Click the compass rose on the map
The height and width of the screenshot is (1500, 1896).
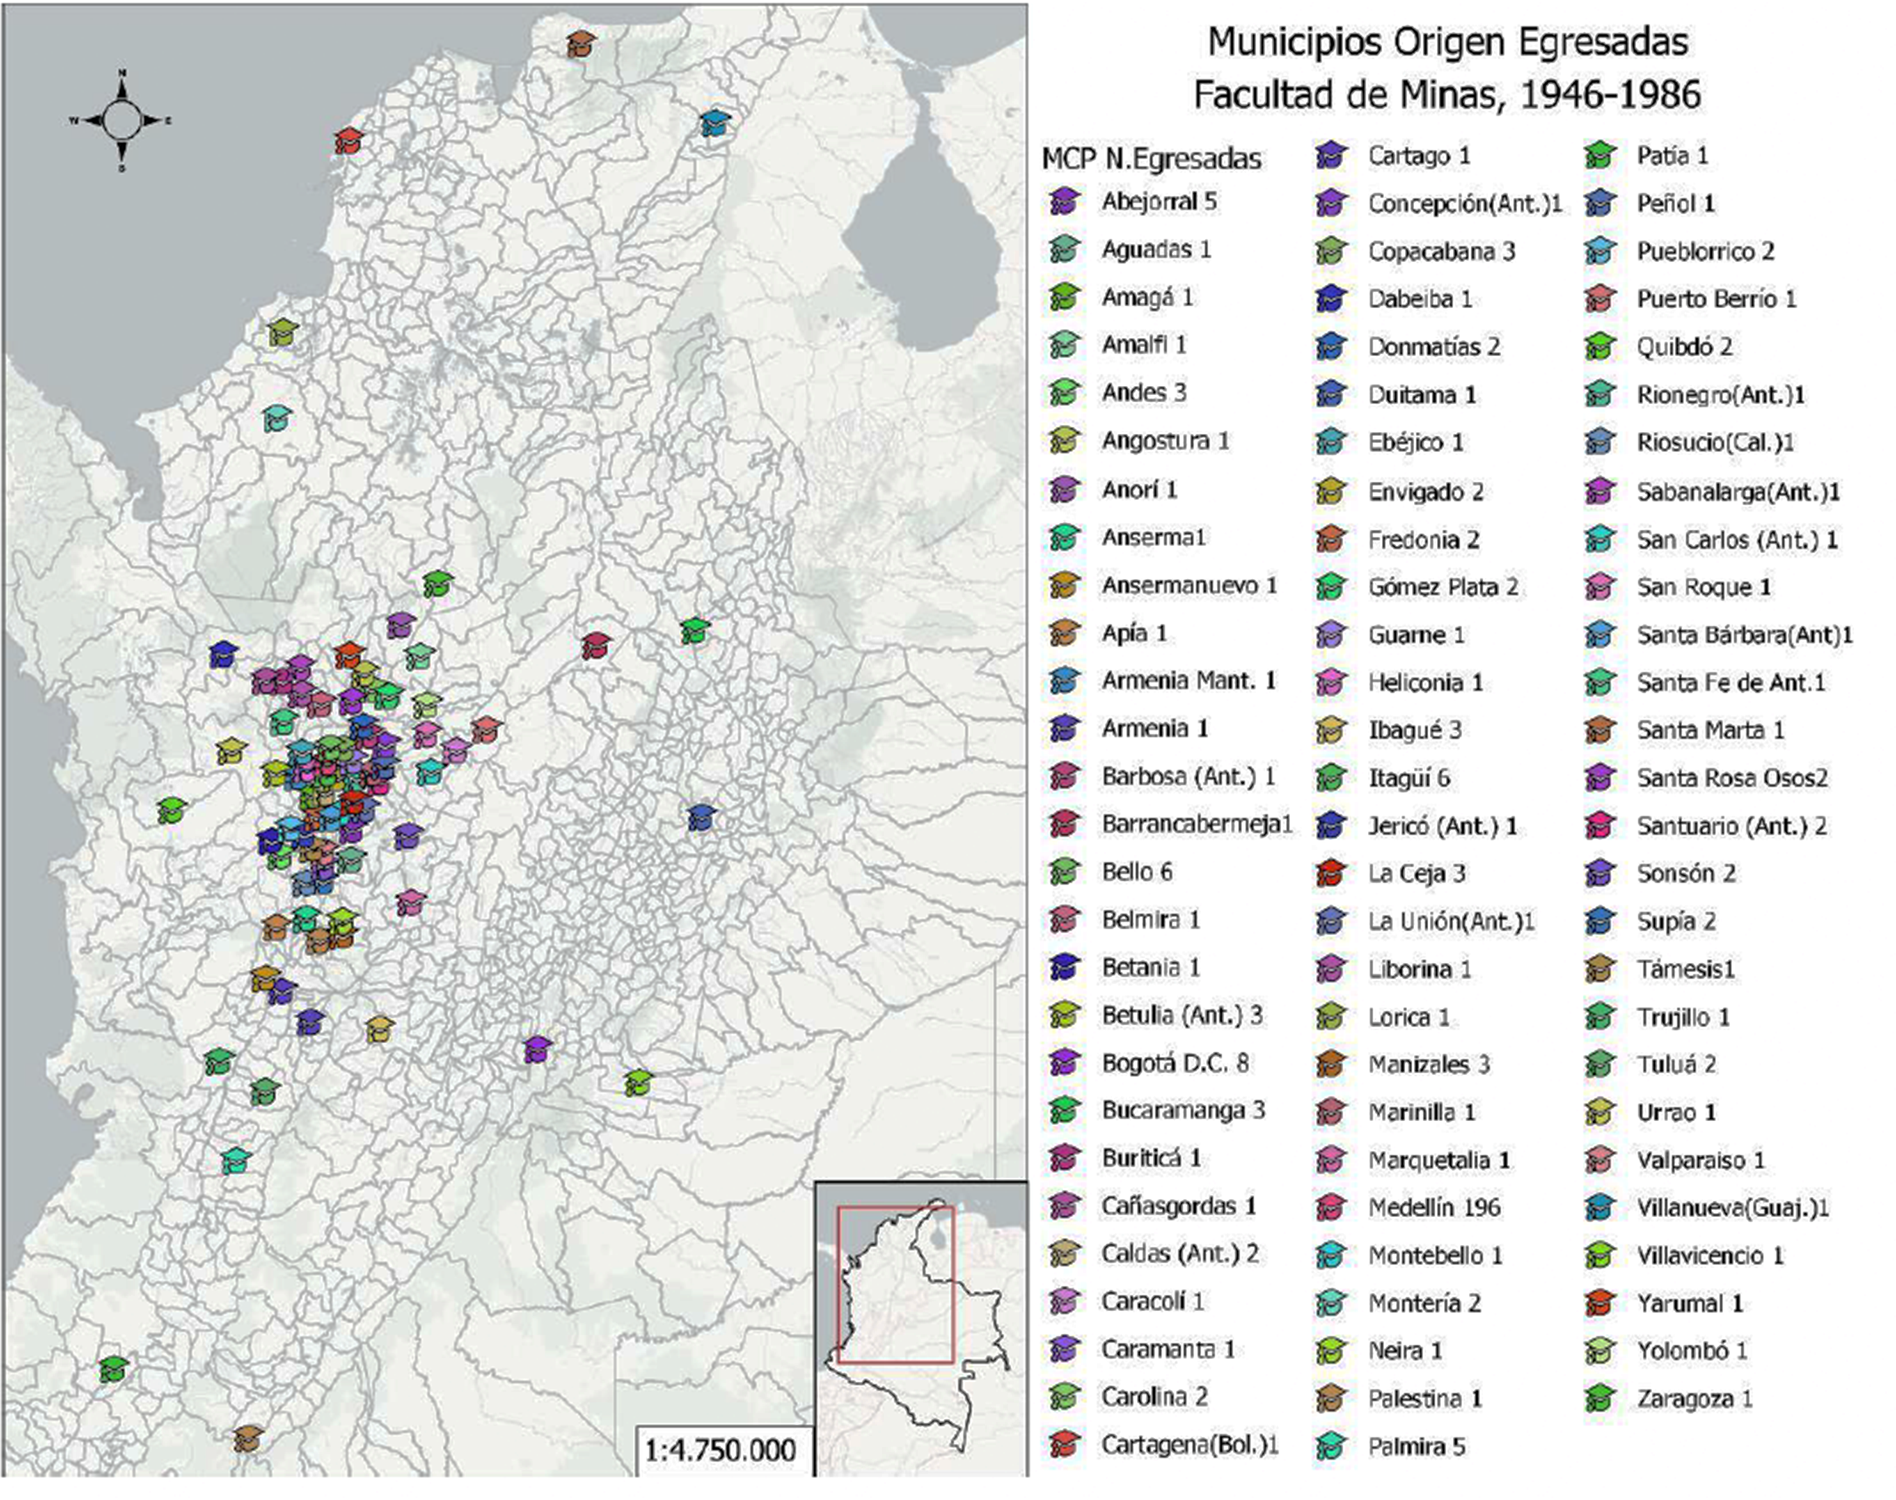pyautogui.click(x=121, y=120)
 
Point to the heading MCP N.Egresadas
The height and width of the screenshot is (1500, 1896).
pyautogui.click(x=1151, y=159)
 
